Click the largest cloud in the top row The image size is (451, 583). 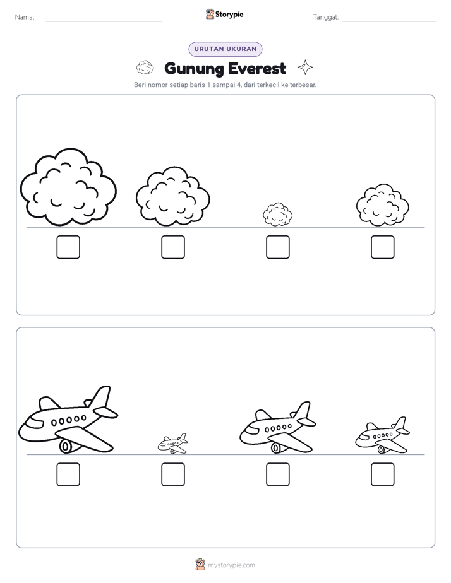coord(68,187)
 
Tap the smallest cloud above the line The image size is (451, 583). coord(277,215)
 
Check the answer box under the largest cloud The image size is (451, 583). coord(68,247)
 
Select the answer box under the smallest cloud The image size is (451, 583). coord(277,247)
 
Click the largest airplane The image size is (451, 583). coord(68,420)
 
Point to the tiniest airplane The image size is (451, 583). coord(172,443)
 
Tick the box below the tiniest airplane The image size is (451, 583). coord(173,474)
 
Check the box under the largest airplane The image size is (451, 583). coord(68,474)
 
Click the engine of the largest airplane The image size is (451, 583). coord(66,446)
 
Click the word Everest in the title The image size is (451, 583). coord(256,69)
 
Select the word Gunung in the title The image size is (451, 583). coord(194,69)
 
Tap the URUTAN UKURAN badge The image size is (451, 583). coord(225,49)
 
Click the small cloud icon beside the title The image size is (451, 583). coord(145,68)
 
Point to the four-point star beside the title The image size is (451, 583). coord(306,68)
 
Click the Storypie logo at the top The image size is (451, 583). coord(225,14)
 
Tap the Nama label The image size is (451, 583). coord(25,17)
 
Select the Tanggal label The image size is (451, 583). coord(326,17)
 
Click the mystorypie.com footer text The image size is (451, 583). coord(231,565)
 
